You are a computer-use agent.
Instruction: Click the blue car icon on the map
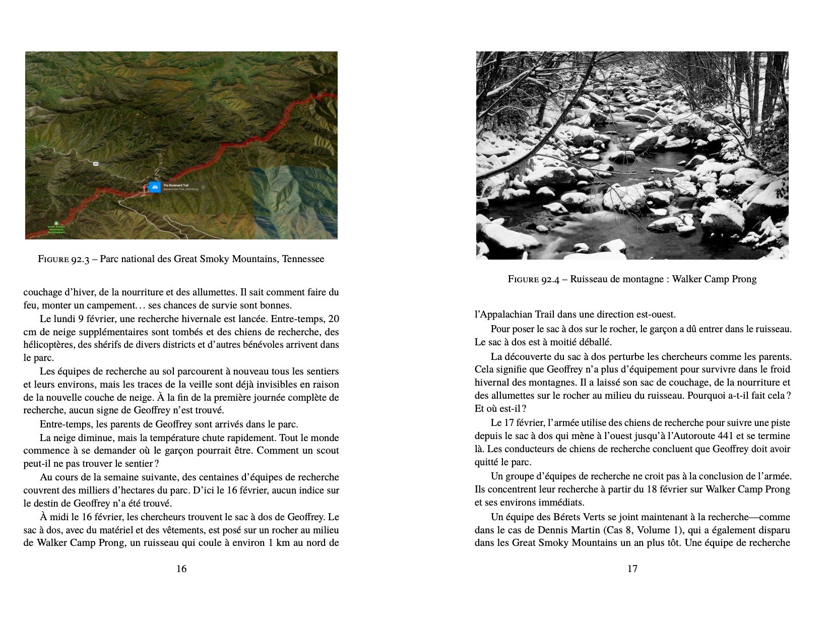coord(154,188)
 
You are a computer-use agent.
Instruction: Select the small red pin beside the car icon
coord(145,188)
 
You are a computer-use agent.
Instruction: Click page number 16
coord(181,569)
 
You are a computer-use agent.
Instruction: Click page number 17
coord(632,569)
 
